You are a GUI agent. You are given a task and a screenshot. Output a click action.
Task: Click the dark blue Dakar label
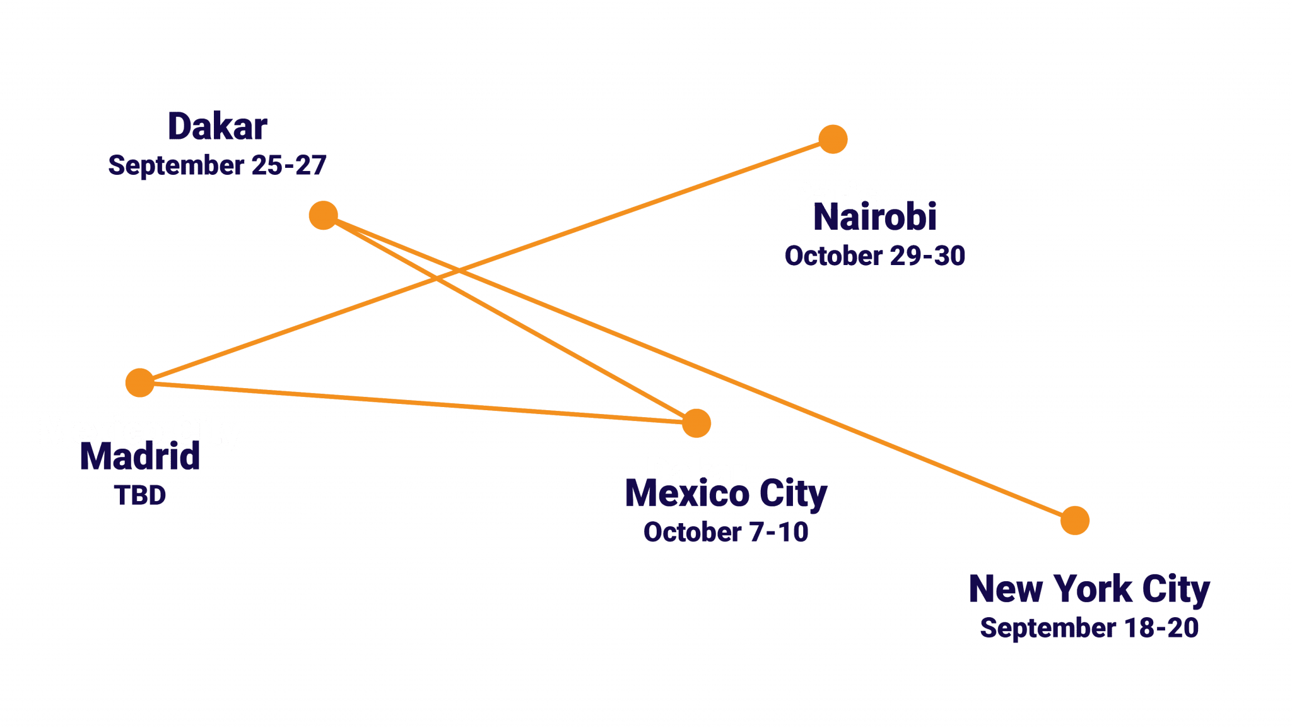217,127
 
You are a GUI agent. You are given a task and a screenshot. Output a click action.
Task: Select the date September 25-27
217,165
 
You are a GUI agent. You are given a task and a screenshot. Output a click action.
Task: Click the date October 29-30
874,256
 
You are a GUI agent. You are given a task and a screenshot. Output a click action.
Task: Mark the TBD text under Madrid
140,495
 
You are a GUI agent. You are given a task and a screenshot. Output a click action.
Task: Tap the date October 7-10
725,533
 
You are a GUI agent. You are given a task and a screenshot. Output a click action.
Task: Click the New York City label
1089,589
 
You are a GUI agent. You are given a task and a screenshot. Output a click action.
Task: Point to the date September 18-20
1089,629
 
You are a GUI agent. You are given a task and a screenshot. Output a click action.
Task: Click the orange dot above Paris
833,139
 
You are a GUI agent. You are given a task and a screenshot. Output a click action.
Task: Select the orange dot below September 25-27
323,215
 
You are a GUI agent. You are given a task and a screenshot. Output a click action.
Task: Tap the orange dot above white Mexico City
139,382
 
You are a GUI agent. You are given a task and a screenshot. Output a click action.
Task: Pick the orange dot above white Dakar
696,423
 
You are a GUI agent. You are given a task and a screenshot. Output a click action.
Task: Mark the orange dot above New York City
1074,521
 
